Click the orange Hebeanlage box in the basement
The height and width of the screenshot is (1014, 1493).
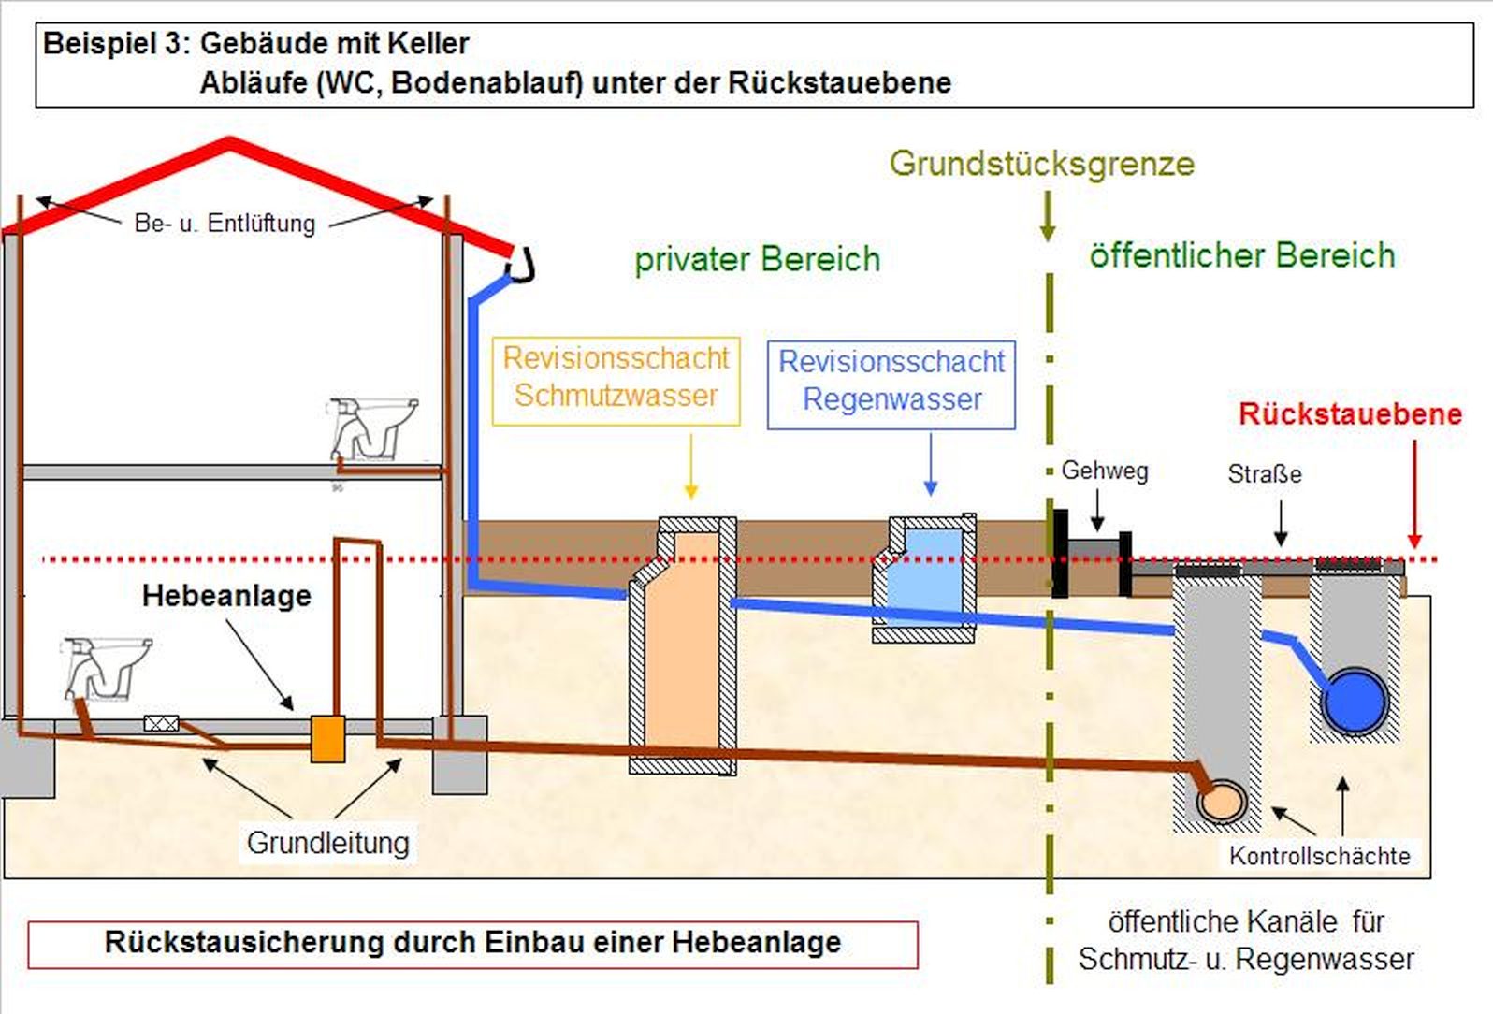point(327,738)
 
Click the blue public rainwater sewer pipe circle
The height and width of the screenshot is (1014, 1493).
point(1355,701)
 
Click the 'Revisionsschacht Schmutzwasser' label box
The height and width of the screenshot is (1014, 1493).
point(616,381)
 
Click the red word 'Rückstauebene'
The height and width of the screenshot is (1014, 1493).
point(1350,413)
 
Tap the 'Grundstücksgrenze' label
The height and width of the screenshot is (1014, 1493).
point(1041,164)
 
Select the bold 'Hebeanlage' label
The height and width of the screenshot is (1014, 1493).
point(226,596)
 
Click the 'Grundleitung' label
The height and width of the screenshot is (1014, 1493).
point(327,843)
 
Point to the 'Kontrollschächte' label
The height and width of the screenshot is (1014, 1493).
point(1319,855)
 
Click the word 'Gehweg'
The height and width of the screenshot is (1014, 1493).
point(1104,471)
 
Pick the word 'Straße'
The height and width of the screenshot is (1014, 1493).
point(1264,473)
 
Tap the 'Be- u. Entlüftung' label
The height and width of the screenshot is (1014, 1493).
point(225,224)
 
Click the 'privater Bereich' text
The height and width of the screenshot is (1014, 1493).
point(757,259)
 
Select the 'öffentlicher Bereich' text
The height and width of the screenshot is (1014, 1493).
point(1241,255)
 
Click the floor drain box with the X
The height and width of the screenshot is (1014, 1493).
point(161,723)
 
